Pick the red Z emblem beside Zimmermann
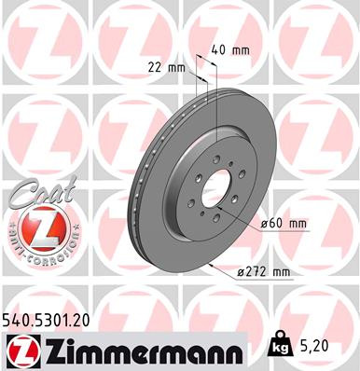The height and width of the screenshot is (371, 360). pyautogui.click(x=20, y=350)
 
